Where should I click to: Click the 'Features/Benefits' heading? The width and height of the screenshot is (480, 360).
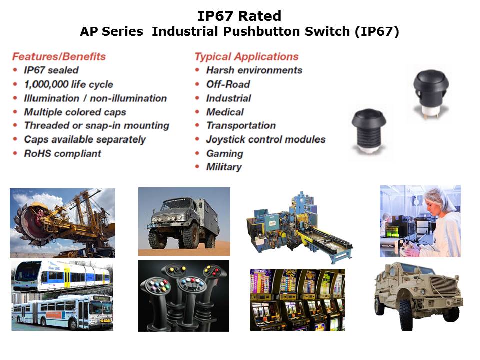pos(59,56)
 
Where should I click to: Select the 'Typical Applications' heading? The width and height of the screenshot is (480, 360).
pos(246,57)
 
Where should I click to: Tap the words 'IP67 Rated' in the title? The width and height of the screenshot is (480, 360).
pos(239,16)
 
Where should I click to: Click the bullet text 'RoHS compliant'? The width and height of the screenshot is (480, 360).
pos(63,153)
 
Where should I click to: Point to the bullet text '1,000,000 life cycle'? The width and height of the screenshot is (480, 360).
pos(69,84)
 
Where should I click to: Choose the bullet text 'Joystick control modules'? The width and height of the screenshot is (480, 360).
pos(266,140)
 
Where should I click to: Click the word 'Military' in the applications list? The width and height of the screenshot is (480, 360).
pos(224,167)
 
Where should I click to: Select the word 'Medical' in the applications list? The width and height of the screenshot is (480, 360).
pos(225,112)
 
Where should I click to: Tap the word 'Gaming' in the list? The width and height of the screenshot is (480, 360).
pos(225,153)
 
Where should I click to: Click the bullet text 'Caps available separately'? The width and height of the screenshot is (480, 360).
pos(85,140)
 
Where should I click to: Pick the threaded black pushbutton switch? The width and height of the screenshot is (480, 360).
pos(369,130)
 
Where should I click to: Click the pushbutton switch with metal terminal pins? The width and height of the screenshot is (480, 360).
pos(430,94)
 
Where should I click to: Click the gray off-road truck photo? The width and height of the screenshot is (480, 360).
pos(184,221)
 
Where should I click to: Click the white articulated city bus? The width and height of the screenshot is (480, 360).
pos(62,311)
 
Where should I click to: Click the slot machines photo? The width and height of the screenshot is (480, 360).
pos(297,300)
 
